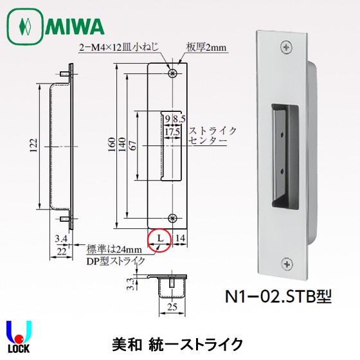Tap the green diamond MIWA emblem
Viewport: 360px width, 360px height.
(26, 27)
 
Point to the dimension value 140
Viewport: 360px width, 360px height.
(121, 147)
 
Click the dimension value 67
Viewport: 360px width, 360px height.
(132, 147)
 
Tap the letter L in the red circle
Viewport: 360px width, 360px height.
(159, 240)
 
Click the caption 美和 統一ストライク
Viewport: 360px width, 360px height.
(181, 341)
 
